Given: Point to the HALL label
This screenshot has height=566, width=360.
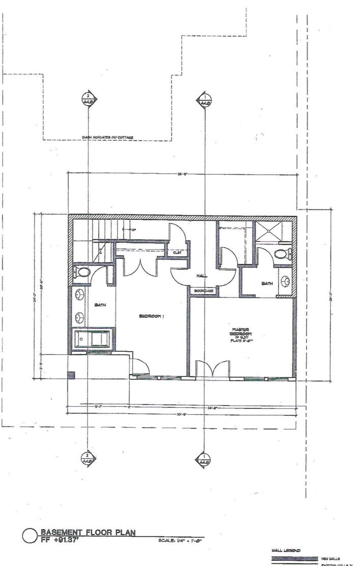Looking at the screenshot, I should [201, 276].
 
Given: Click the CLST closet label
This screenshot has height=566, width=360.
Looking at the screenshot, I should [178, 252].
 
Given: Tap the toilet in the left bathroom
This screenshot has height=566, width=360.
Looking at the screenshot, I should [81, 271].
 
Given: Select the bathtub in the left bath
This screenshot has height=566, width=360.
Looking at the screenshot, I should [92, 339].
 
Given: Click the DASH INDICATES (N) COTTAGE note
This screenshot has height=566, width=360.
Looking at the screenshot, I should [108, 137].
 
